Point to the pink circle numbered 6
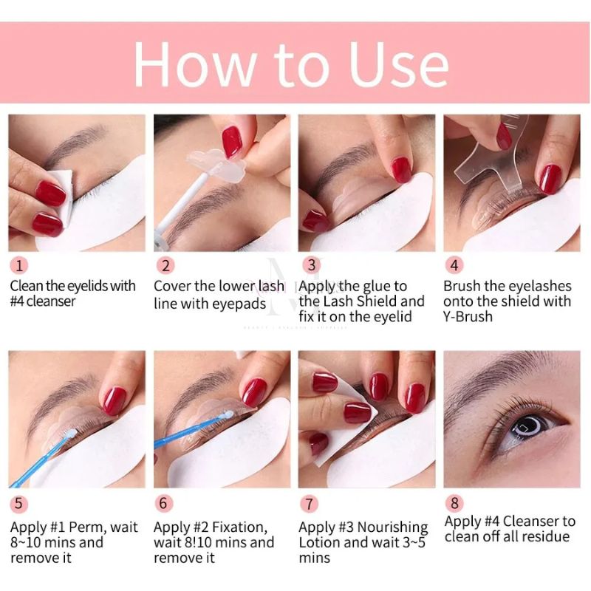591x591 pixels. pos(165,504)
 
